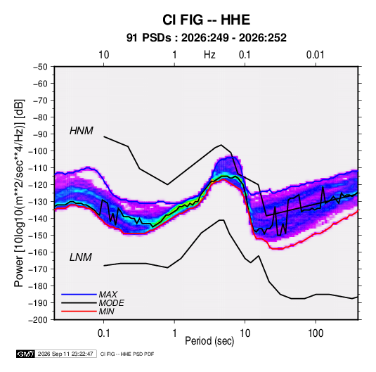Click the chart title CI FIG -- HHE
(206, 20)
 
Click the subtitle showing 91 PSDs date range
(206, 38)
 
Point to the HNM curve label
(82, 131)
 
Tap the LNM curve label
(81, 257)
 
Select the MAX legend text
(108, 295)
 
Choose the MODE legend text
(112, 303)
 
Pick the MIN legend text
(106, 312)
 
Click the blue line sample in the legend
(79, 295)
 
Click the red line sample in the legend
(79, 312)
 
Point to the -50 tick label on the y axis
(40, 67)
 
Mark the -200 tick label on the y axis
(38, 320)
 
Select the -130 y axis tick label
(38, 202)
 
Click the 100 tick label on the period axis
(316, 333)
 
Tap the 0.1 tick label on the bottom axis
(103, 333)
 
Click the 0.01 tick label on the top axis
(316, 55)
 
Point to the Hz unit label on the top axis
(209, 55)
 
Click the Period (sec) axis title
(209, 341)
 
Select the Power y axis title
(19, 193)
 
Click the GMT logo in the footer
(25, 354)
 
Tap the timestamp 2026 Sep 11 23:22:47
(65, 354)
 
